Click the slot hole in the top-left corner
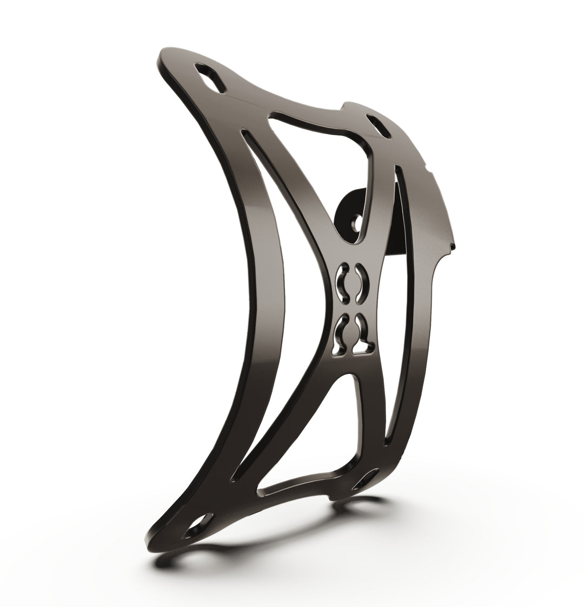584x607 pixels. point(210,81)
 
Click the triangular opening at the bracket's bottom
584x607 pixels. point(303,443)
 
